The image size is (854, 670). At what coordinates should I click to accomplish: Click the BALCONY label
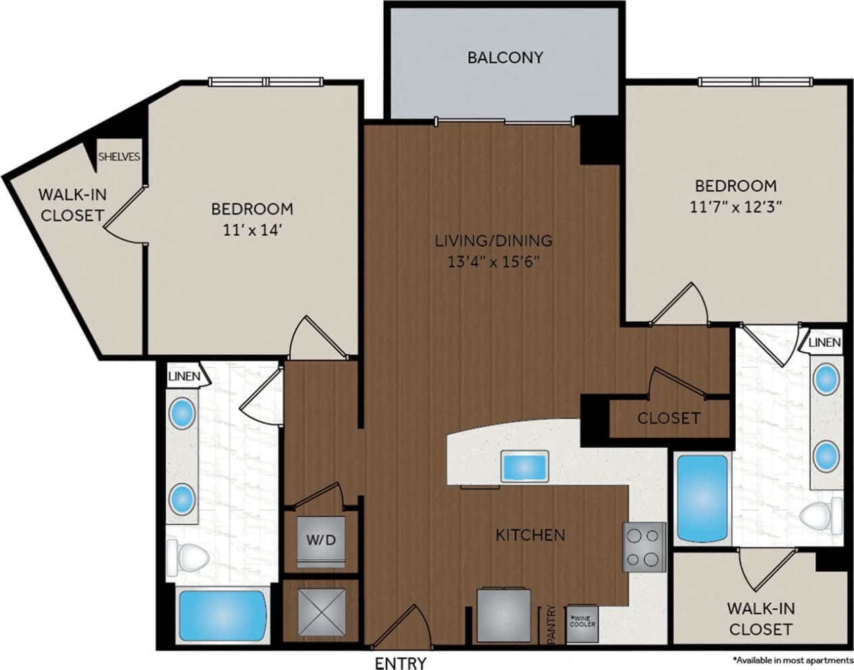[505, 57]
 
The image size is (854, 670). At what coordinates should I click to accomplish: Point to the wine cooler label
[582, 621]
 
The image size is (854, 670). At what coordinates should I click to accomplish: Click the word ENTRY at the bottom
[401, 662]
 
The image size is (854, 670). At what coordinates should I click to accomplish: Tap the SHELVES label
[120, 157]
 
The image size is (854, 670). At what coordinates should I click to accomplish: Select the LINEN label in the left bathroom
[184, 376]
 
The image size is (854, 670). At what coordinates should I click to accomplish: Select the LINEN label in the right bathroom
[824, 343]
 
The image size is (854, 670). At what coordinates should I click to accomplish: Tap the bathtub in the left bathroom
[222, 615]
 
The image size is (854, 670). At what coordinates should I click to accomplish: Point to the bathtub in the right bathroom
[703, 498]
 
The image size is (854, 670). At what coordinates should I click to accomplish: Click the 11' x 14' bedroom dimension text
[251, 230]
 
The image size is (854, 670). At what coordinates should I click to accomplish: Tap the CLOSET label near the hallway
[668, 418]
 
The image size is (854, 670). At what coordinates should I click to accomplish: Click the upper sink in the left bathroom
[182, 413]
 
